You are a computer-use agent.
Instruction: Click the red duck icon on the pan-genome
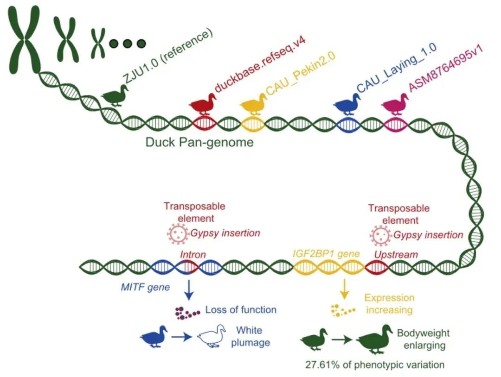pos(203,104)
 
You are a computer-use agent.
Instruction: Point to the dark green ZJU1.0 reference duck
pos(115,95)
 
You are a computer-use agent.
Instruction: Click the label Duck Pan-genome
pos(199,142)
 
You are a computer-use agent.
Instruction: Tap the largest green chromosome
pos(24,37)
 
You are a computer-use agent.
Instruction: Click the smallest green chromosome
pos(97,43)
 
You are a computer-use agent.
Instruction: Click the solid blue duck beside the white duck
pos(154,336)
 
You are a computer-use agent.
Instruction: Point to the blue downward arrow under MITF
pos(189,290)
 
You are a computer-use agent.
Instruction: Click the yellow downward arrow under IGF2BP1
pos(344,289)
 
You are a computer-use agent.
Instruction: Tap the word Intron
pos(193,254)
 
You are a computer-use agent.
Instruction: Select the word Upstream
pos(396,254)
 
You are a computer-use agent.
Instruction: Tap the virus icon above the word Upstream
pos(380,235)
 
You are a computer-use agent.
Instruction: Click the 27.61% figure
pos(321,364)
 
